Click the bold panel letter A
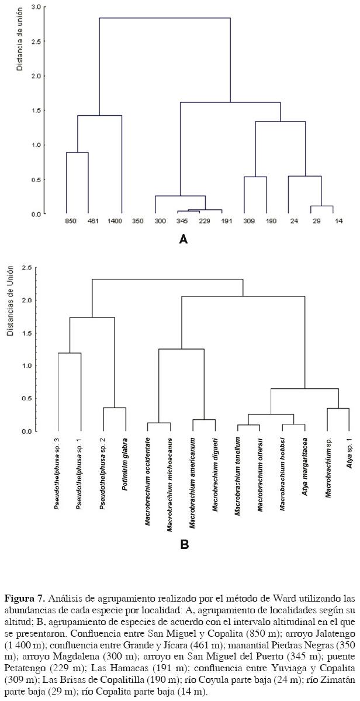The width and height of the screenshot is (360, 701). (183, 239)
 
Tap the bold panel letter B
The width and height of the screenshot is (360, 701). (184, 544)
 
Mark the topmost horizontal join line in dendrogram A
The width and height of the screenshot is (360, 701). (165, 18)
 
